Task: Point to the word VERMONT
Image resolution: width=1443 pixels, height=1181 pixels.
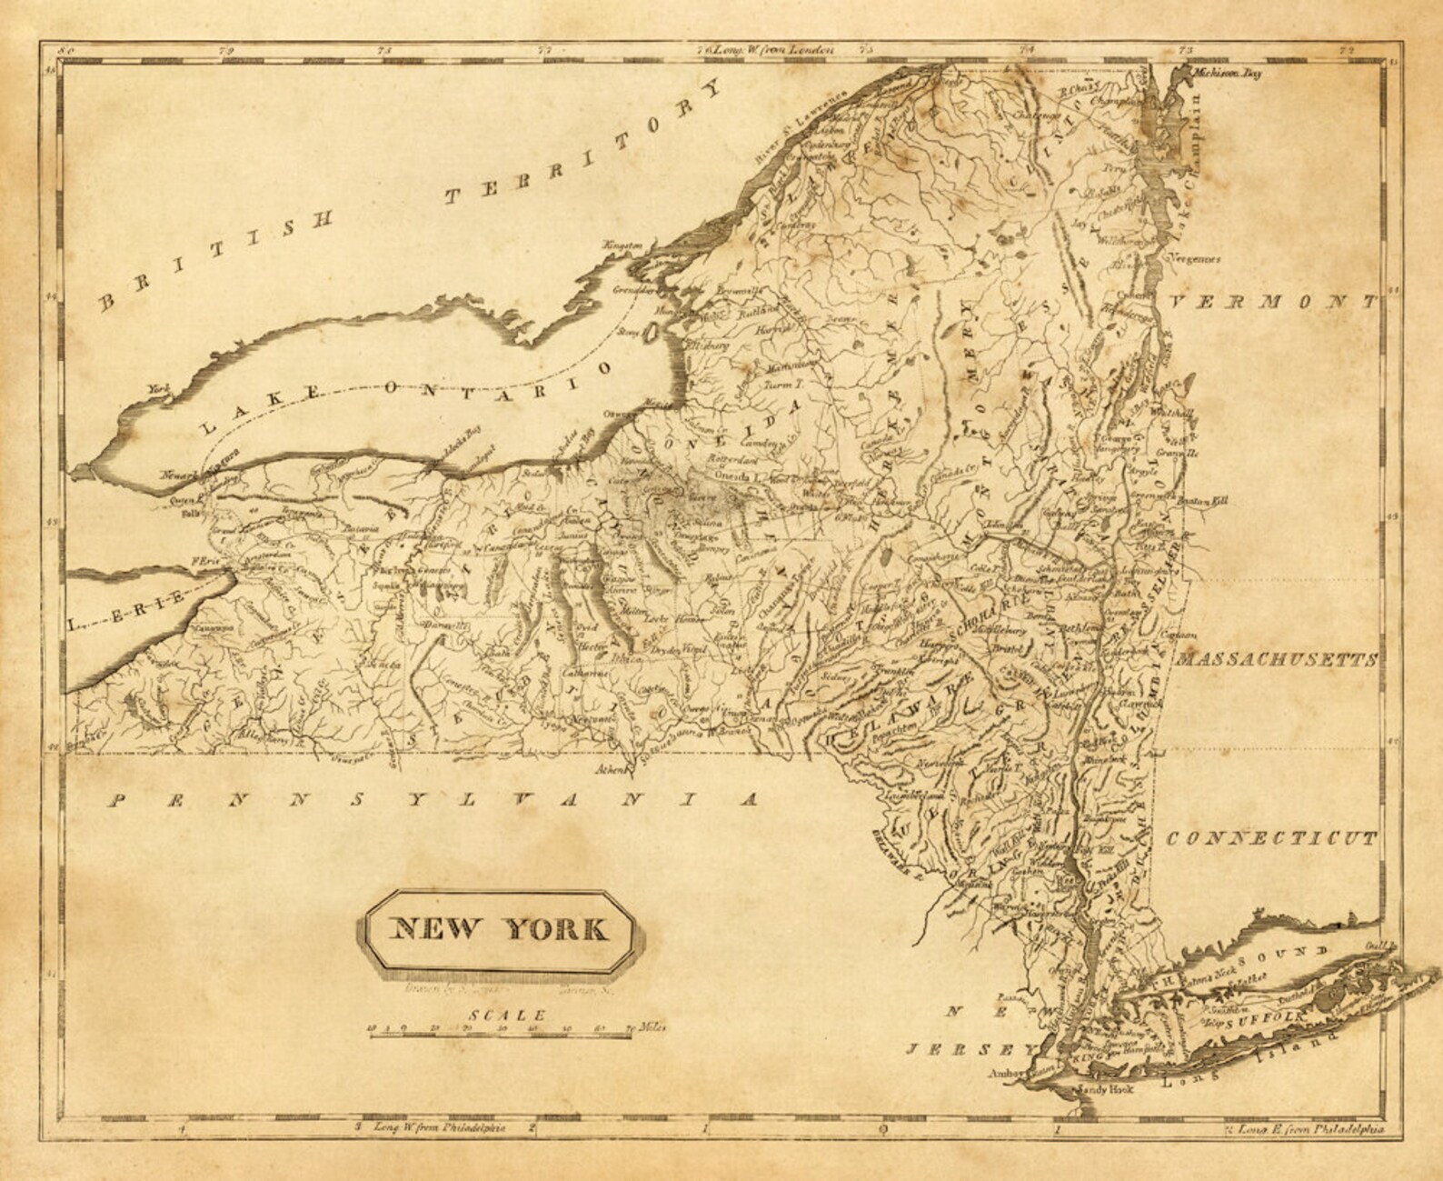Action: tap(1274, 303)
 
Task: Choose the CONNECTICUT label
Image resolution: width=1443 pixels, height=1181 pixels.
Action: tap(1270, 838)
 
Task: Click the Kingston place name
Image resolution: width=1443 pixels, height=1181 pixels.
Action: tap(623, 245)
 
